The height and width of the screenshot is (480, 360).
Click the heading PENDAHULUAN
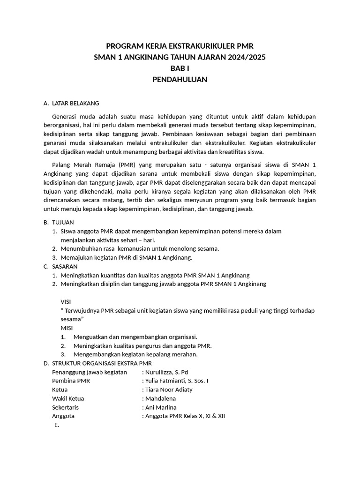(x=180, y=80)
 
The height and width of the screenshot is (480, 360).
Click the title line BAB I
(x=180, y=68)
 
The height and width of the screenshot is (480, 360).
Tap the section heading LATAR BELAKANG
(x=75, y=103)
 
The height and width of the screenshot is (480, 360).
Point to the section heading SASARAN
(x=65, y=266)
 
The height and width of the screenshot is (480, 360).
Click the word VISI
(x=66, y=301)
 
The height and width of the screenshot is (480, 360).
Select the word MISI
(x=67, y=328)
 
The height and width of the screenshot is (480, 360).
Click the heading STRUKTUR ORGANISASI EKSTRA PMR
(x=102, y=363)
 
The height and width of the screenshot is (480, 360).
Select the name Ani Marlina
(x=161, y=407)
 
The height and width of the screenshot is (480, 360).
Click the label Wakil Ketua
(x=68, y=398)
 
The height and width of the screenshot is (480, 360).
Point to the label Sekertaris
(x=65, y=407)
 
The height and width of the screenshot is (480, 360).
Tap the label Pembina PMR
(x=71, y=381)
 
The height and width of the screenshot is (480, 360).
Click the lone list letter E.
(x=57, y=425)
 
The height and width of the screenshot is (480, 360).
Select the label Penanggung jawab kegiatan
(x=90, y=372)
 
